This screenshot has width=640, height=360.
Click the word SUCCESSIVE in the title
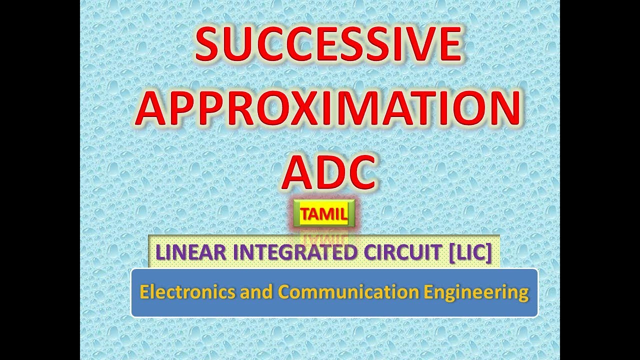click(327, 44)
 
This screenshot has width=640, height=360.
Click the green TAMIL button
click(324, 214)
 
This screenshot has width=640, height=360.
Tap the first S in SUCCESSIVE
click(209, 44)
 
